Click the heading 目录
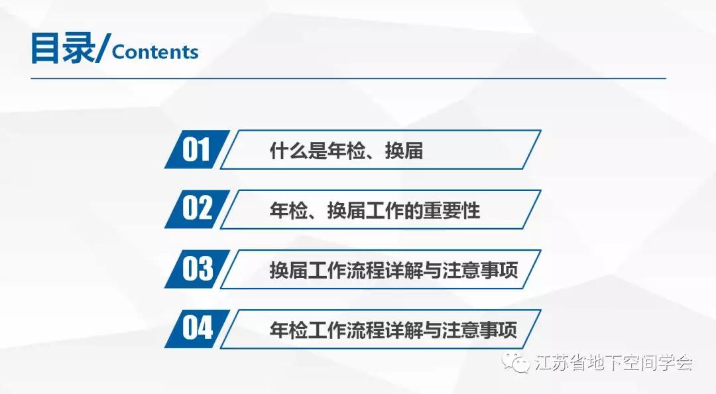63,48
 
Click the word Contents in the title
155,52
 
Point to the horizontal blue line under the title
349,79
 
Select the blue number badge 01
197,149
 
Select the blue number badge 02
197,209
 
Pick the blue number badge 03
197,269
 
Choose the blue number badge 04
197,328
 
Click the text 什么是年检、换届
346,151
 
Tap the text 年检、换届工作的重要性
375,210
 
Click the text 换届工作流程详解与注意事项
394,270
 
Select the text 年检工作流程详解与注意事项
394,330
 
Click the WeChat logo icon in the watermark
516,362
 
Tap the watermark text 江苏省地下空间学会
614,363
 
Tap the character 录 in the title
80,48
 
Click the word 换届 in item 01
404,151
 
